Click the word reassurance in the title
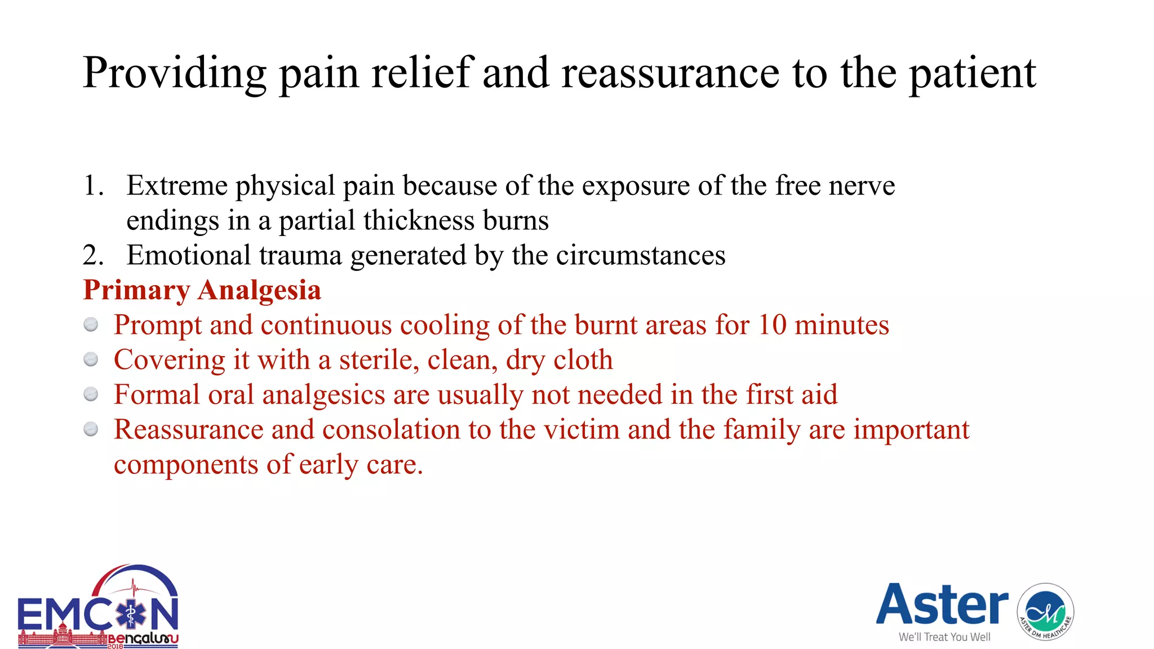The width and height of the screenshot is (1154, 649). pos(670,74)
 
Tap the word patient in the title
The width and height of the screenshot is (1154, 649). pos(973,74)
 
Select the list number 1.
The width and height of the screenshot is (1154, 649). pos(92,185)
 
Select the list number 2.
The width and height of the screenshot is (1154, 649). pos(92,255)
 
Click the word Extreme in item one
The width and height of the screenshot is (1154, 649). pos(177,185)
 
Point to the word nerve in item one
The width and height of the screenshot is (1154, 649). pos(862,185)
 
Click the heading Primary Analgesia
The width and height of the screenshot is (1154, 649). pos(202,290)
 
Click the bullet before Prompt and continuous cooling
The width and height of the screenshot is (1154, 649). pos(91,325)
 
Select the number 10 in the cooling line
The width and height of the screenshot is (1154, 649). pos(771,325)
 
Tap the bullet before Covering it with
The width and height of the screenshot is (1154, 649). pos(91,359)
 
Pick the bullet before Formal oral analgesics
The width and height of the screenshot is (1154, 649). pos(91,394)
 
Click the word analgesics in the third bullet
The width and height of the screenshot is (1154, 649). pos(323,395)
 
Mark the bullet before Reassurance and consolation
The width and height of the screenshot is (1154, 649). pos(91,429)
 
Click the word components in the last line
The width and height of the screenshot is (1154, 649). pos(186,465)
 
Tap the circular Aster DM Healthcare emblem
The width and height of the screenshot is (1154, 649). pos(1045,612)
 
